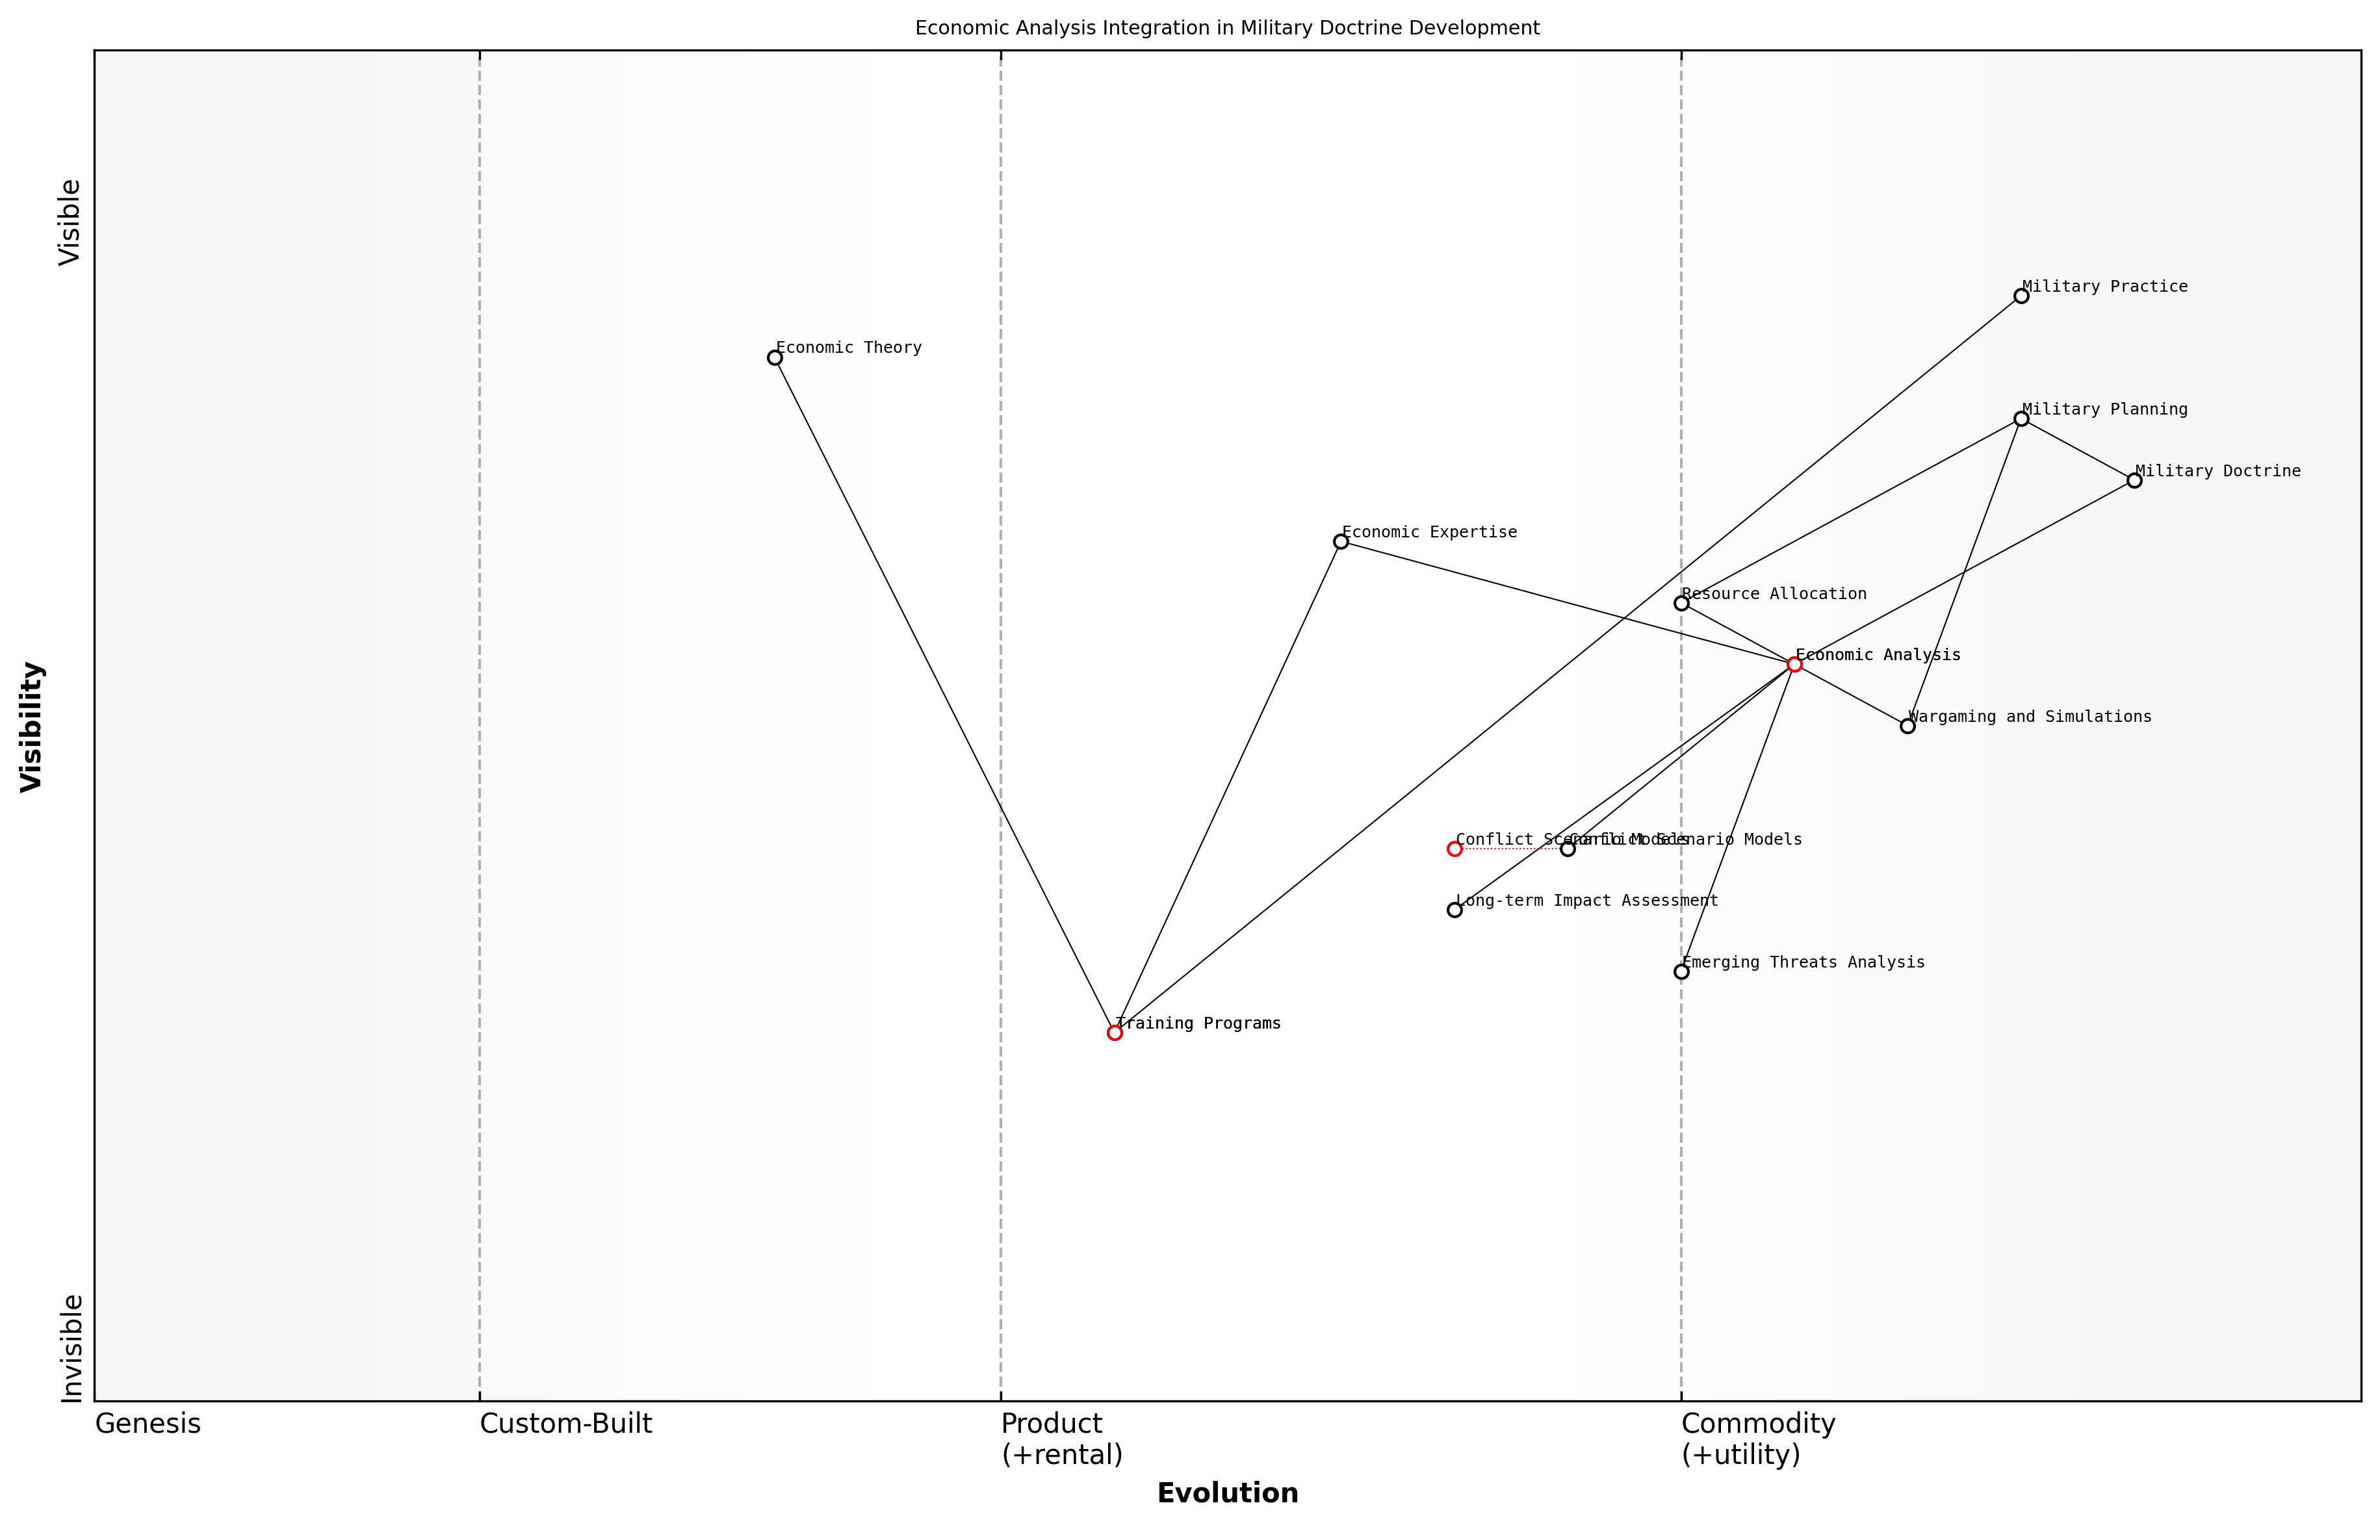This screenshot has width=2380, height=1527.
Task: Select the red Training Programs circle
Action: tap(1114, 1033)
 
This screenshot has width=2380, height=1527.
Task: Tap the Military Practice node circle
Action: tap(2021, 296)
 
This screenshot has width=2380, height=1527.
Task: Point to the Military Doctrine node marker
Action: tap(2134, 480)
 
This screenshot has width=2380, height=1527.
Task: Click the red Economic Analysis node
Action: tap(1794, 664)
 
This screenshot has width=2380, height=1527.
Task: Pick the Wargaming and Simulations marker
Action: tap(1907, 726)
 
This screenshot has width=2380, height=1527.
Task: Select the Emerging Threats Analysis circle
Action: tap(1681, 971)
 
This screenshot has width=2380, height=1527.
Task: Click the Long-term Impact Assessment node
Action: tap(1454, 909)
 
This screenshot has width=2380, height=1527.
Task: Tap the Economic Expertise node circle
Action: tap(1341, 541)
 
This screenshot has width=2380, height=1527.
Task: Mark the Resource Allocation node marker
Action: tap(1681, 603)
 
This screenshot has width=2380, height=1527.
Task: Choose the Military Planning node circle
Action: tap(2021, 418)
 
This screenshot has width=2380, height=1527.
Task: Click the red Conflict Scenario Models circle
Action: tap(1454, 849)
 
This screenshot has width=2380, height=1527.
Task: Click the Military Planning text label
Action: tap(2104, 409)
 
